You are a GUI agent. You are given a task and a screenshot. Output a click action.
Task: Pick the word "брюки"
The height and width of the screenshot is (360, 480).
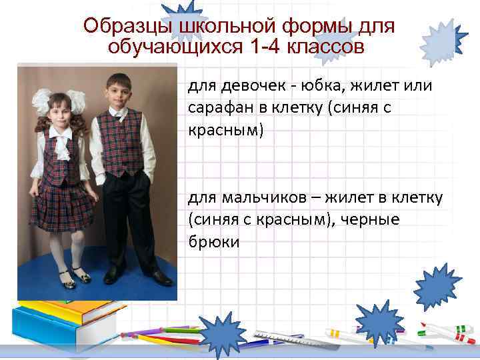(x=213, y=242)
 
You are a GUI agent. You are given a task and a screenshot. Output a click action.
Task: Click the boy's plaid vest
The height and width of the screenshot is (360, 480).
(x=120, y=143)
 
